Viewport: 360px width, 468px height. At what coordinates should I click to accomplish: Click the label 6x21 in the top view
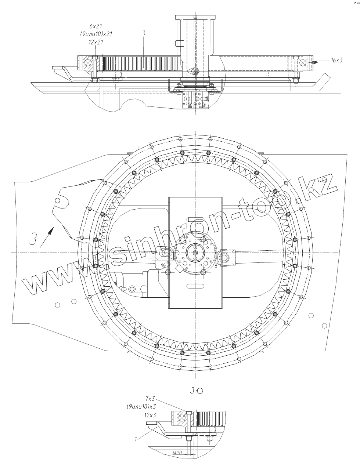[96, 26]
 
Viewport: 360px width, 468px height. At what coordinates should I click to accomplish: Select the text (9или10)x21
[96, 34]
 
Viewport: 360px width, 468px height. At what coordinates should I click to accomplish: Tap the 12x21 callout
[96, 42]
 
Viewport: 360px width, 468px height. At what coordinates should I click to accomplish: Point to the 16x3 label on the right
[336, 60]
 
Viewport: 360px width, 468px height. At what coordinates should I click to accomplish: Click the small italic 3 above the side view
[144, 33]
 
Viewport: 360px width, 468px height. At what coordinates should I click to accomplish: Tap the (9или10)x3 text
[141, 406]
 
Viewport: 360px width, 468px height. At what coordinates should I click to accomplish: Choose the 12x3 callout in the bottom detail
[150, 415]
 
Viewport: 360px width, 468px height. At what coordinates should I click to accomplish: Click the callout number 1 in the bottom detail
[136, 439]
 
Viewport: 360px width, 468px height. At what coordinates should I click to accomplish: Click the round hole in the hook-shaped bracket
[57, 200]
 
